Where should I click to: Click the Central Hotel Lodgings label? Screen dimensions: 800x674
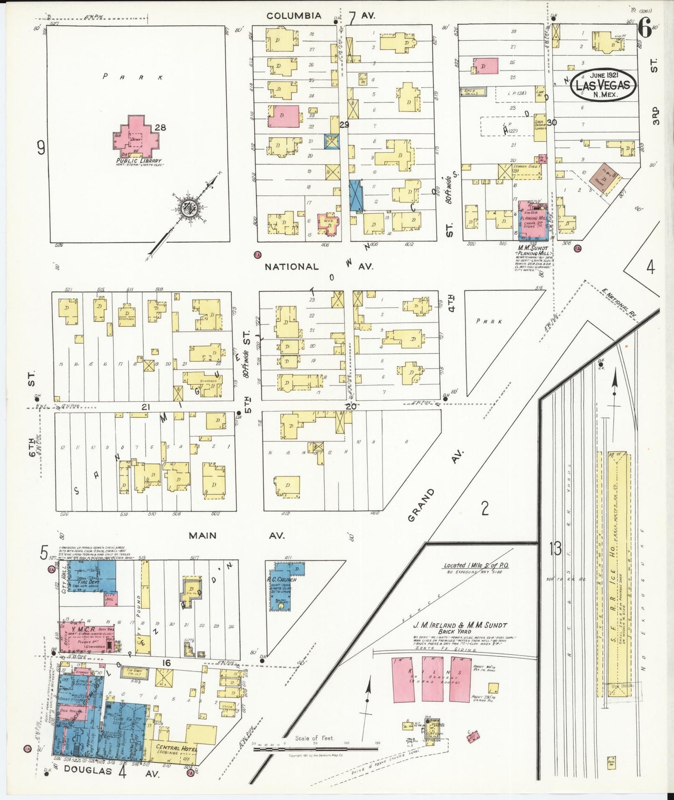tap(176, 749)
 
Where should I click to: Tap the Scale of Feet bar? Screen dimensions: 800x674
tap(315, 749)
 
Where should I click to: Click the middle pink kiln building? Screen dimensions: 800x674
tap(432, 679)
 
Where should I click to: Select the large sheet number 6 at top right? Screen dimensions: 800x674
tap(644, 29)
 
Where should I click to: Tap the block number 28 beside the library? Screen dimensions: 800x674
tap(161, 127)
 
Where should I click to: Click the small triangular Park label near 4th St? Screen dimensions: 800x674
tap(489, 321)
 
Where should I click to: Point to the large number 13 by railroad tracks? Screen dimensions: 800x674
tap(555, 549)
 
